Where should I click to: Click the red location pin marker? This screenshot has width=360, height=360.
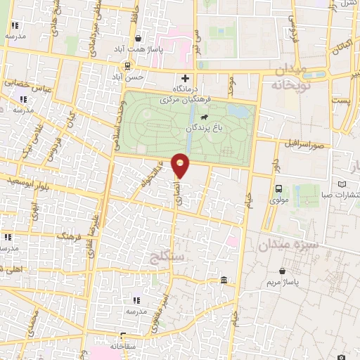(x=181, y=165)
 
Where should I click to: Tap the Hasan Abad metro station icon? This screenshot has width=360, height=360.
(x=127, y=66)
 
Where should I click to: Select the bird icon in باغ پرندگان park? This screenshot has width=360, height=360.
(x=203, y=117)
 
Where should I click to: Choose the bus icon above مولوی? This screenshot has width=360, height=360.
(x=279, y=188)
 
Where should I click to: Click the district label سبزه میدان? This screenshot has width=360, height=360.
(x=288, y=246)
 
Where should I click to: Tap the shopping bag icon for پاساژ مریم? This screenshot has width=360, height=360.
(x=282, y=271)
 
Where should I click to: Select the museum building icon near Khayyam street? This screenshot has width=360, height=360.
(x=224, y=281)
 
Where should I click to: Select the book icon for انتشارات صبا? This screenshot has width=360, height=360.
(x=342, y=184)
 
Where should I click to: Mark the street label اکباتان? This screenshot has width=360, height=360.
(x=341, y=46)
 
